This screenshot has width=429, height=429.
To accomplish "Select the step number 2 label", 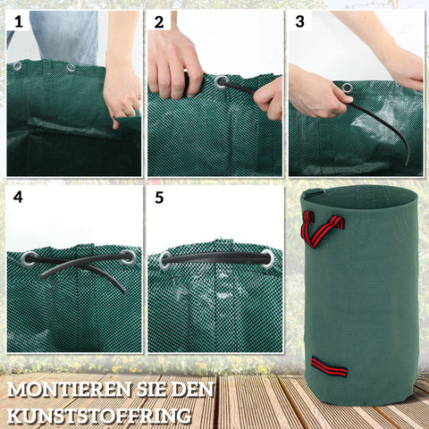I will click(159, 21).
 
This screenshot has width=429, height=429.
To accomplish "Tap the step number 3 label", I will click(299, 21).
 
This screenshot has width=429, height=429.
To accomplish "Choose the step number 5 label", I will click(159, 196).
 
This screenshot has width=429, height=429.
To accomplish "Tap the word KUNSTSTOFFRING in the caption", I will click(99, 416).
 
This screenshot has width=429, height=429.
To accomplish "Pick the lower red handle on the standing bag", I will click(329, 366).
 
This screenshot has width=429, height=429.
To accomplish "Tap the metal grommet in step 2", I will click(221, 82).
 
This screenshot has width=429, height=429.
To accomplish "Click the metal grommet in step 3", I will click(346, 88).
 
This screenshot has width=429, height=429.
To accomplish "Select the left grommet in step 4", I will click(29, 259).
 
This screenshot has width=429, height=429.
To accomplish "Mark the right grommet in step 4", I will click(128, 257).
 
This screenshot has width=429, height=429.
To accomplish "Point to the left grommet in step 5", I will click(165, 260).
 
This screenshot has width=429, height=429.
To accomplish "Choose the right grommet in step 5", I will click(267, 257).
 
